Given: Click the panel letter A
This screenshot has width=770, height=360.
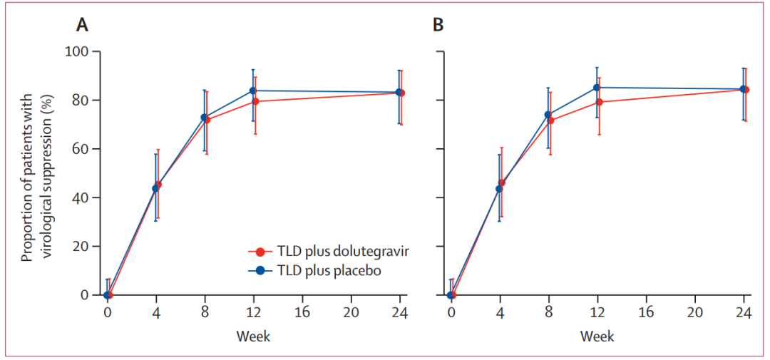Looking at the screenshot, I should pos(83,26).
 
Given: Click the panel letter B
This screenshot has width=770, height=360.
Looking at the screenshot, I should pos(438,26).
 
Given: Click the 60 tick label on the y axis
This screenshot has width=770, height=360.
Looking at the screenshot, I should pos(82,149).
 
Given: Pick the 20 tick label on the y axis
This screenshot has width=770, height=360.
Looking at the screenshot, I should pos(82,247).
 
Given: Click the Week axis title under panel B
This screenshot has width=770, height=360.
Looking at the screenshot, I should pos(597,336).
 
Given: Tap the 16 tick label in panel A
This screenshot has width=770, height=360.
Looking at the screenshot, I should pos(302,312).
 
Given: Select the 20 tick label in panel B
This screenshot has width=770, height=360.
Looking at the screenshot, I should pos(694,312).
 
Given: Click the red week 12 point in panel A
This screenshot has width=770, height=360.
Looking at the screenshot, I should pos(255,101).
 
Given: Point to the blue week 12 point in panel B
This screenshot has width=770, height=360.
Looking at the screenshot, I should pos(597,88).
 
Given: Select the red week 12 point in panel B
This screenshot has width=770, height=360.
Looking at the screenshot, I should pos(599,102).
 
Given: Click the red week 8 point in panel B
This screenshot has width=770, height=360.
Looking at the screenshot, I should pos(550,120).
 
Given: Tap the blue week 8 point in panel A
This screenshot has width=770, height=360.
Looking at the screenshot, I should pos(205,117).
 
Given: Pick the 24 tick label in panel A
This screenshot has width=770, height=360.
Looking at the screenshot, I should pos(399,312).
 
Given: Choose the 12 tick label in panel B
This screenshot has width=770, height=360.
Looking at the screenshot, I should pos(597,312).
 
